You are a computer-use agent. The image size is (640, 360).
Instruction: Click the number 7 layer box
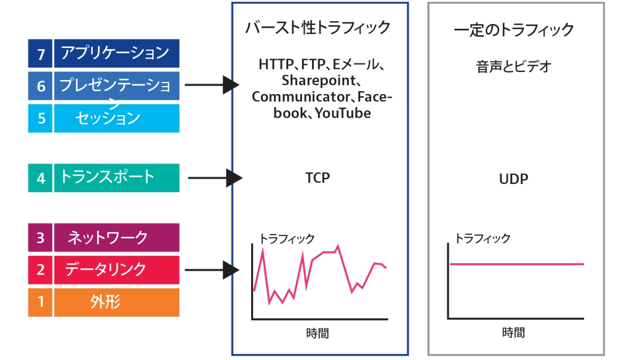(40, 53)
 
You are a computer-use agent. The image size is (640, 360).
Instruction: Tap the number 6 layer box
(40, 86)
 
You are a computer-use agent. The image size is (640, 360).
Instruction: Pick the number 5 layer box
(40, 118)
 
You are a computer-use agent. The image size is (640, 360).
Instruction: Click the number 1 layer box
(40, 302)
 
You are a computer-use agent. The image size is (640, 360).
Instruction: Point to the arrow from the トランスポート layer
(215, 178)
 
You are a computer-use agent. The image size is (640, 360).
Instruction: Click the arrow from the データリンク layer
(212, 270)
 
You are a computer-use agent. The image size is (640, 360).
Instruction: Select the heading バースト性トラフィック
(318, 28)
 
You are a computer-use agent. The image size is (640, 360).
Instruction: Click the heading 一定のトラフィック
(514, 30)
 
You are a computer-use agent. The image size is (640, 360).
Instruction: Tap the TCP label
(317, 178)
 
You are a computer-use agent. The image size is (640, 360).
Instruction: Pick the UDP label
(514, 179)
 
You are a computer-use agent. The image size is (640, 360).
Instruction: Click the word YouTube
(343, 113)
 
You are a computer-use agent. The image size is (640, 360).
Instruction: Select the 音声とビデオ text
(514, 67)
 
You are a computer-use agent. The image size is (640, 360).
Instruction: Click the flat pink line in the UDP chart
(517, 264)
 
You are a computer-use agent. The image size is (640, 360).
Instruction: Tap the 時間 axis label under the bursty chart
(317, 333)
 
